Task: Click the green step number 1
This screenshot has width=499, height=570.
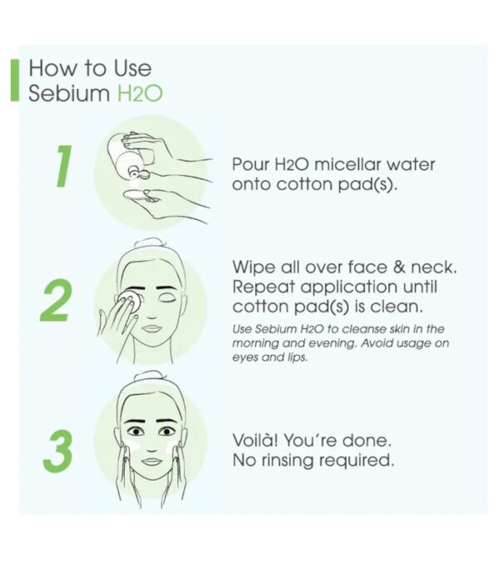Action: (x=64, y=166)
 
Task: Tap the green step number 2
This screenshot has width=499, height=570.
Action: (x=55, y=300)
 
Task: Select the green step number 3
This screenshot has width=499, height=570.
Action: (x=57, y=451)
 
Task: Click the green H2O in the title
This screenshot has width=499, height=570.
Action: (x=140, y=94)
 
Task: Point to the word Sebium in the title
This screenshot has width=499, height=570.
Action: (x=69, y=93)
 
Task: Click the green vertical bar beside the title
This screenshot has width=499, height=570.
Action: (x=15, y=80)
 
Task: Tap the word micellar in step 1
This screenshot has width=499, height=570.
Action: (x=348, y=165)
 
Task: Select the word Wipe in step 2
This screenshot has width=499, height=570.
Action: (x=253, y=268)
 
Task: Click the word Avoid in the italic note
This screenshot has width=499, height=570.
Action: (x=375, y=343)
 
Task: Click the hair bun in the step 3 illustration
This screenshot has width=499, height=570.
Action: (x=150, y=377)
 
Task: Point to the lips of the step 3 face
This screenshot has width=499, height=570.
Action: (x=151, y=461)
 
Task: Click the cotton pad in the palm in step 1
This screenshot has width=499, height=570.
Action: (x=140, y=195)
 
